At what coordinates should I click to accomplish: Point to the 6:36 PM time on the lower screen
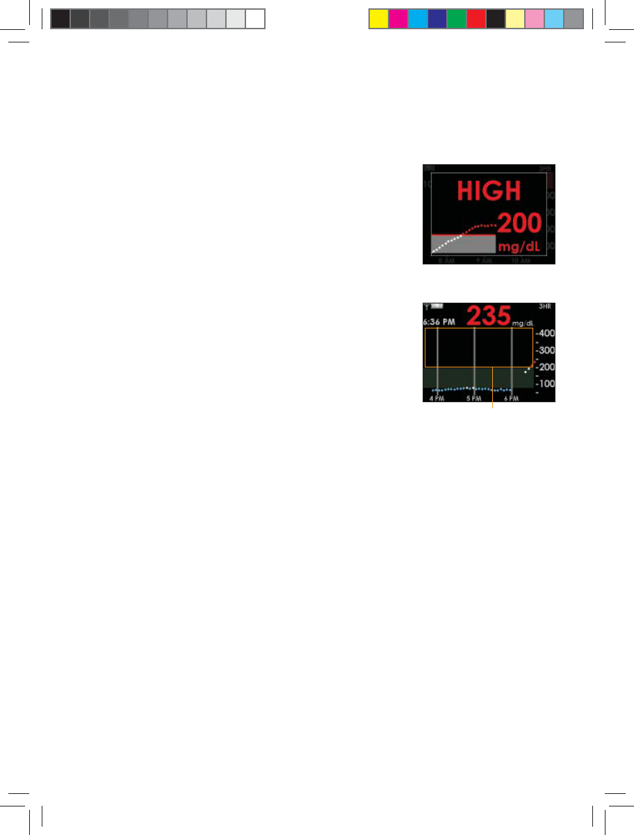pos(442,322)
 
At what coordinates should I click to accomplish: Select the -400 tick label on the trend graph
pos(544,333)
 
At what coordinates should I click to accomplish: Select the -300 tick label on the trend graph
pos(544,351)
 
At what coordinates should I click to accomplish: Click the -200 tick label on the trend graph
pos(544,367)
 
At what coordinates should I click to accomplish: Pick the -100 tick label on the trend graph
pos(544,384)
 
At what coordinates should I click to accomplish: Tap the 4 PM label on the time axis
pos(437,398)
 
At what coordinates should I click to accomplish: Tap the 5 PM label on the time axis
pos(474,398)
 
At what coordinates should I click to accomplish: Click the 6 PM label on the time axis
pos(511,398)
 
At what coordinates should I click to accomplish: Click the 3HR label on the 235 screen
pos(547,306)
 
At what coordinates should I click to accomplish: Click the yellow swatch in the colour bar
pos(378,18)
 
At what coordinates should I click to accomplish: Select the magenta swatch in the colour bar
pos(398,18)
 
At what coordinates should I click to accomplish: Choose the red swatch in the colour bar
pos(475,18)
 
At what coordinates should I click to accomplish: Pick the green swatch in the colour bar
pos(456,18)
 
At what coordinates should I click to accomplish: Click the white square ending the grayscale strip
pos(256,18)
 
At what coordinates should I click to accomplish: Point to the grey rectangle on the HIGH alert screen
pos(463,244)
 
